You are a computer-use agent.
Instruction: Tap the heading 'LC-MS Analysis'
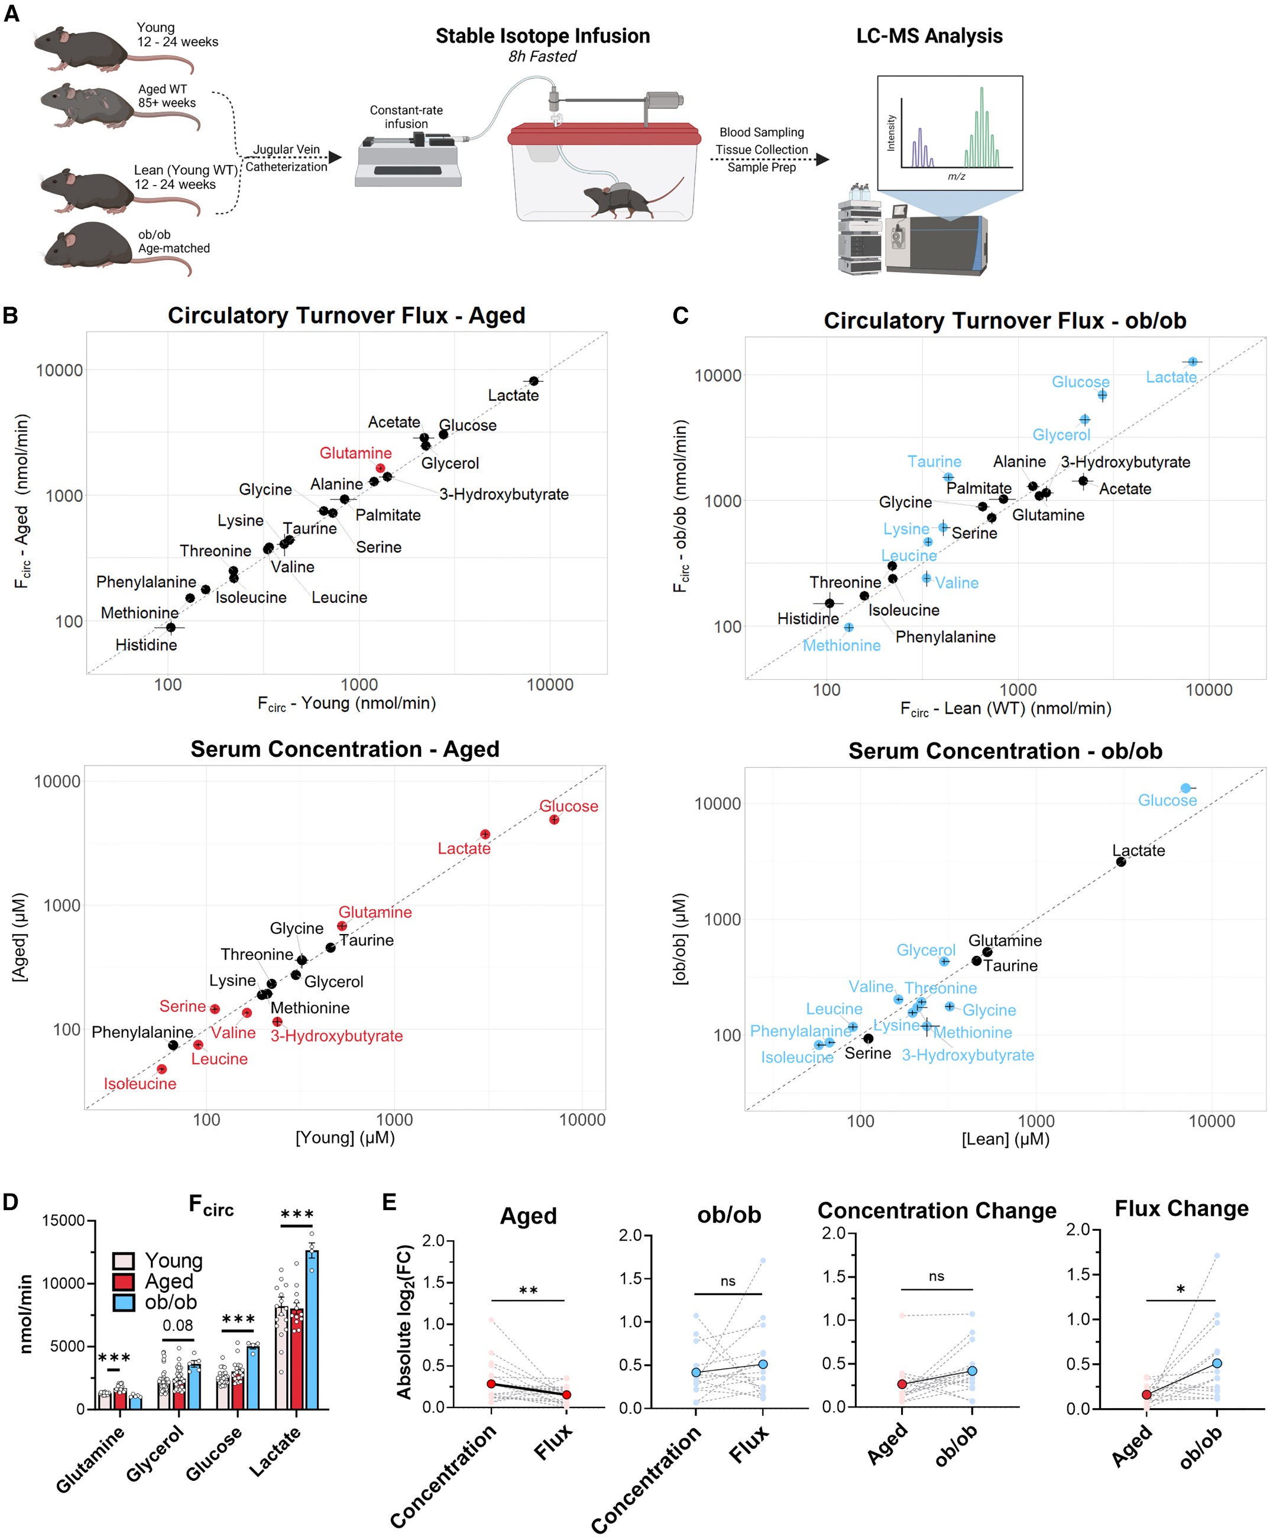[x=929, y=36]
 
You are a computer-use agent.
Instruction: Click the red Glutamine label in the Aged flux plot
[x=355, y=453]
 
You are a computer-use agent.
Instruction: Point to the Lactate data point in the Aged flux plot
[x=534, y=381]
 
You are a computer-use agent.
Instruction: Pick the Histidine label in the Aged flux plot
[x=146, y=644]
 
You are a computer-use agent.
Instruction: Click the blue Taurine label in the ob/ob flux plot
[x=934, y=462]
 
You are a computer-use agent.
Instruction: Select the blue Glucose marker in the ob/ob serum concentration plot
[x=1186, y=788]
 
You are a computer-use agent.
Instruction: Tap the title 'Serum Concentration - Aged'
[x=345, y=749]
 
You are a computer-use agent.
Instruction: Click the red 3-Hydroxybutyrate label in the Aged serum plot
[x=336, y=1036]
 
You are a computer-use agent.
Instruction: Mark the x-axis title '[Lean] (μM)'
[x=1005, y=1139]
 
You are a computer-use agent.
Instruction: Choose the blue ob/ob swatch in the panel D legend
[x=124, y=1303]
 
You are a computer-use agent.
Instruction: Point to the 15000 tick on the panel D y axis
[x=64, y=1220]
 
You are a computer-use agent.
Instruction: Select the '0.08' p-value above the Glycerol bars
[x=178, y=1325]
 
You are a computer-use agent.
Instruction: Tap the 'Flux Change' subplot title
[x=1181, y=1208]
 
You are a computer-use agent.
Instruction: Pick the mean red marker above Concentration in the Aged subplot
[x=491, y=1383]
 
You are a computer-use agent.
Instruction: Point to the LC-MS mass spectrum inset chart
[x=950, y=133]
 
